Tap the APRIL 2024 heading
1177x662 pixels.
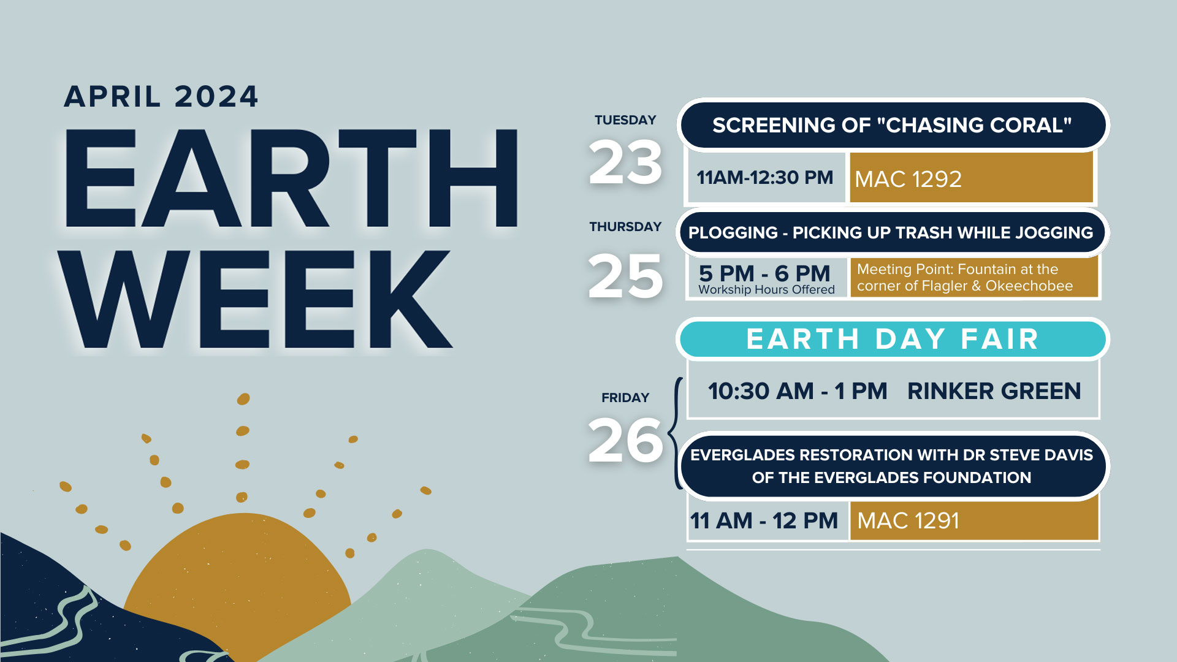pos(161,97)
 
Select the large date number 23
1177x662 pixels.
pos(625,162)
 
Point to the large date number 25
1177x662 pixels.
pos(625,276)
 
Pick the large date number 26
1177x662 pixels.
pos(625,439)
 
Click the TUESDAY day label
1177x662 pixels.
pos(625,120)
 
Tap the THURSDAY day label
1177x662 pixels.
pos(625,227)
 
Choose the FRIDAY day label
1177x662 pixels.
pos(625,398)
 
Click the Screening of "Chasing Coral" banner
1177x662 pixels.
pos(893,125)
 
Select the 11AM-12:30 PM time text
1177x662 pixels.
pos(765,178)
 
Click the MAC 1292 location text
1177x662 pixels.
pos(908,179)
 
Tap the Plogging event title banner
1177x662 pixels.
pos(892,233)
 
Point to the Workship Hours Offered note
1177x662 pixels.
pos(766,289)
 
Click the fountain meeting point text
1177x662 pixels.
pos(965,278)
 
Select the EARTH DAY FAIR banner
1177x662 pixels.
pos(893,339)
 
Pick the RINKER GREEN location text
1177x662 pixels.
pos(994,391)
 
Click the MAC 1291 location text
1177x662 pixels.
pos(908,521)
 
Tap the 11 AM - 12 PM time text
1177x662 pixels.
pos(764,521)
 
